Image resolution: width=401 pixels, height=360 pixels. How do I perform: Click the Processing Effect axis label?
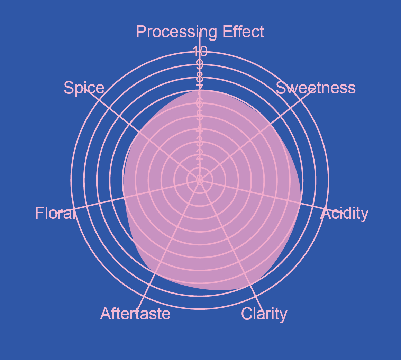pos(200,32)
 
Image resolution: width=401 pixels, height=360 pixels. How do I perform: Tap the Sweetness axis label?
pos(315,88)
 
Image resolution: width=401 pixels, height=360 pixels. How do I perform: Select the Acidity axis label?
pos(345,214)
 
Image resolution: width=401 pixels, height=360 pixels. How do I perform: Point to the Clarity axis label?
pos(264,314)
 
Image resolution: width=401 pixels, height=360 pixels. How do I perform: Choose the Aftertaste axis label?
pos(135,314)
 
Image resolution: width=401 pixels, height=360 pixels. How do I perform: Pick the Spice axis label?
pos(84,88)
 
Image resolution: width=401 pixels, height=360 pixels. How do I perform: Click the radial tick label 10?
pos(200,51)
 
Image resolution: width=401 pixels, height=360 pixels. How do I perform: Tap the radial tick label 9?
pos(200,64)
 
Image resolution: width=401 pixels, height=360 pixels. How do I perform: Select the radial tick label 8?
pos(200,77)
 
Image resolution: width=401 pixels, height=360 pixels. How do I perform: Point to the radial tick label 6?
pos(200,103)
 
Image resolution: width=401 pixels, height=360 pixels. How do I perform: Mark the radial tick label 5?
pos(200,116)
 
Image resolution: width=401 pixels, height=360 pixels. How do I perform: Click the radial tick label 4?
pos(200,129)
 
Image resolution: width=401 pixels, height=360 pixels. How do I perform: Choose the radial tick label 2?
pos(200,154)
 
